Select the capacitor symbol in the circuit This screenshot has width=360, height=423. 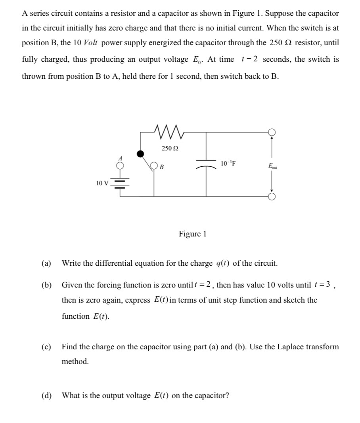(206, 166)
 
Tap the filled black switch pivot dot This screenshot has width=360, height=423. (140, 154)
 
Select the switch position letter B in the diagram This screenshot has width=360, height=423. (162, 166)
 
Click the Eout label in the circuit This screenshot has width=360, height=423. (273, 166)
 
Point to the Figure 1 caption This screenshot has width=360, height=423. (193, 234)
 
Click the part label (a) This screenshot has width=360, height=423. (46, 263)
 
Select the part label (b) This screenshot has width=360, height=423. (46, 285)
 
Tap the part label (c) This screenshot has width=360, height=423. (46, 347)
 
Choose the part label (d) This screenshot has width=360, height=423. (46, 396)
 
